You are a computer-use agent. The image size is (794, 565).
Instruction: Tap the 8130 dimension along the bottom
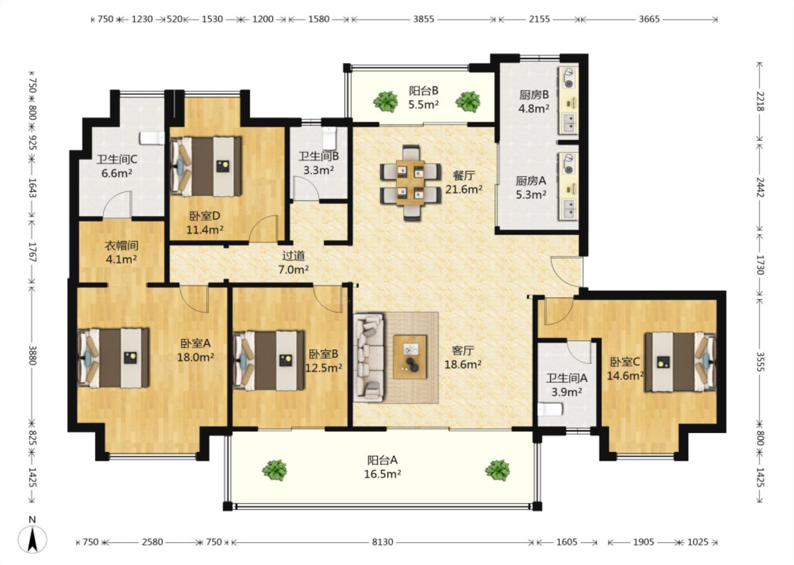click(x=383, y=542)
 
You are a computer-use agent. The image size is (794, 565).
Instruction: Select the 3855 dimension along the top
click(x=423, y=19)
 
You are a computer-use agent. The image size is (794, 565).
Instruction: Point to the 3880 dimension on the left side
click(x=32, y=355)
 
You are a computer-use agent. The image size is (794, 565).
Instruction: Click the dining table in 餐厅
click(x=410, y=183)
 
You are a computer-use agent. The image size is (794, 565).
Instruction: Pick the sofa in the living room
click(x=369, y=357)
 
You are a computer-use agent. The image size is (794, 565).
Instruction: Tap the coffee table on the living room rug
click(x=410, y=357)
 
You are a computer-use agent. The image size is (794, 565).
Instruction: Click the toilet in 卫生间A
click(x=550, y=409)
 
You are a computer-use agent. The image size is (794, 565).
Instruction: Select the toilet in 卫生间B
click(x=329, y=138)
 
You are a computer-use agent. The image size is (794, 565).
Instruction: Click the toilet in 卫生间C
click(x=152, y=138)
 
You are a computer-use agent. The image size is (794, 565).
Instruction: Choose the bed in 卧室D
click(x=206, y=166)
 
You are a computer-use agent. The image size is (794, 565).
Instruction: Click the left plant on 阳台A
click(x=275, y=470)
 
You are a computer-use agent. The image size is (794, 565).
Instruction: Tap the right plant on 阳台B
click(x=468, y=102)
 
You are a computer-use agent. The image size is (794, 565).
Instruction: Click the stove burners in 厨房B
click(x=569, y=78)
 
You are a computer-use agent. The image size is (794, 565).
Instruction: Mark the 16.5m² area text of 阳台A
click(x=383, y=474)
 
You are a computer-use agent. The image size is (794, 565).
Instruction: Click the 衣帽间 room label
click(x=121, y=246)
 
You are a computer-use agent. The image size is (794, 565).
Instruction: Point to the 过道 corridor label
click(x=293, y=255)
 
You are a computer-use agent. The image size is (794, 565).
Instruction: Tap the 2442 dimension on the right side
click(x=760, y=187)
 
